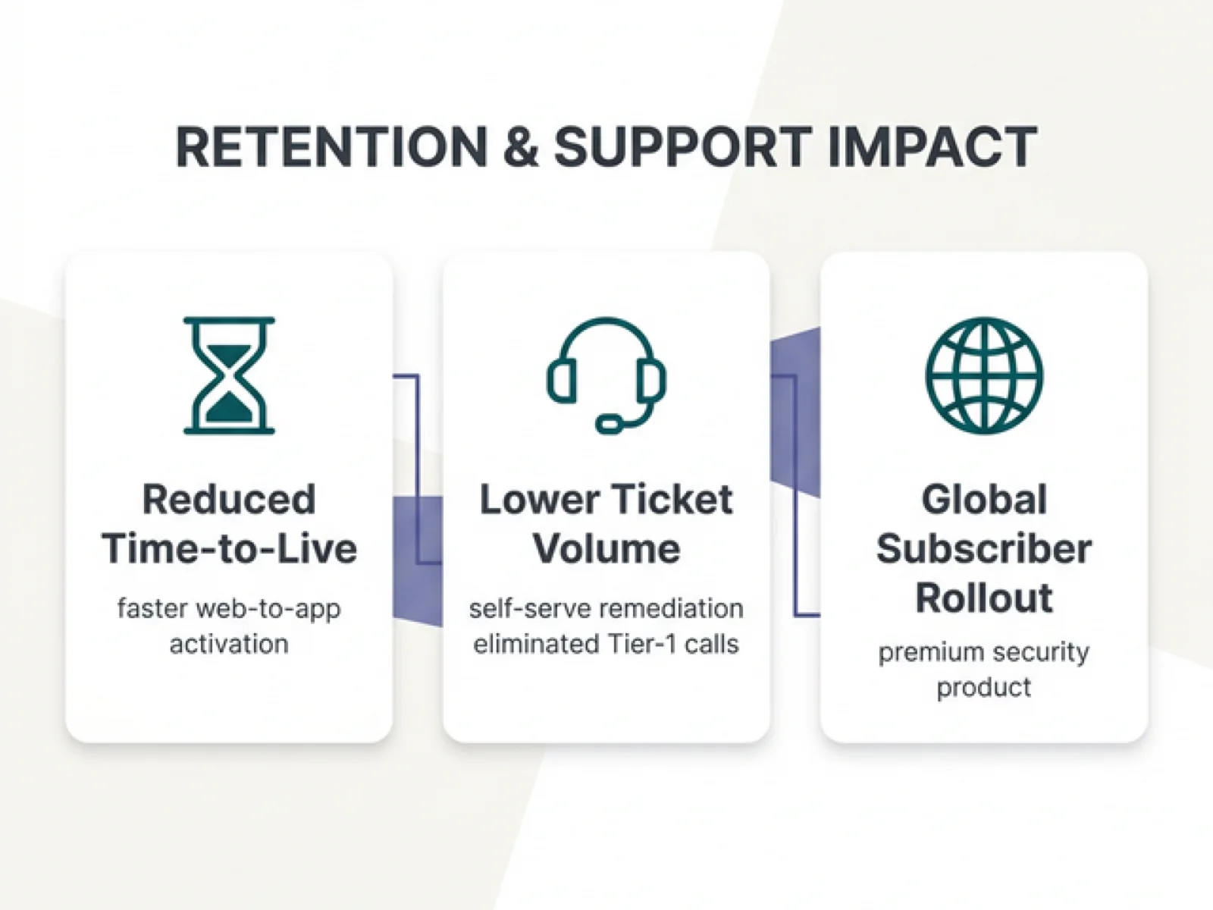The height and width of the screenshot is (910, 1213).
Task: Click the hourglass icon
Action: [x=229, y=375]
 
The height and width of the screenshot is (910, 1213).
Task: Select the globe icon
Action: [x=984, y=375]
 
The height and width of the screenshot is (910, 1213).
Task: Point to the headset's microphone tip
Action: [x=608, y=423]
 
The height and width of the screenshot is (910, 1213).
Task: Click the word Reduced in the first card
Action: [x=229, y=500]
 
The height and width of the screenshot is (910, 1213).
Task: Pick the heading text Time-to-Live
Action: [x=229, y=548]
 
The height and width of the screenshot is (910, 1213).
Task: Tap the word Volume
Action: [x=606, y=548]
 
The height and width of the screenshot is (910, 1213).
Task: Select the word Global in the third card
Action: [x=984, y=500]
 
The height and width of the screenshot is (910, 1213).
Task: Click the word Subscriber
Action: [x=984, y=548]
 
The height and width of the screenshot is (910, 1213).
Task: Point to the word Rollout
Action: [x=984, y=598]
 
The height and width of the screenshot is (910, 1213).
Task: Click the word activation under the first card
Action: [x=229, y=644]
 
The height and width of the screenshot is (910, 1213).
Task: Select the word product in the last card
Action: [x=984, y=687]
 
